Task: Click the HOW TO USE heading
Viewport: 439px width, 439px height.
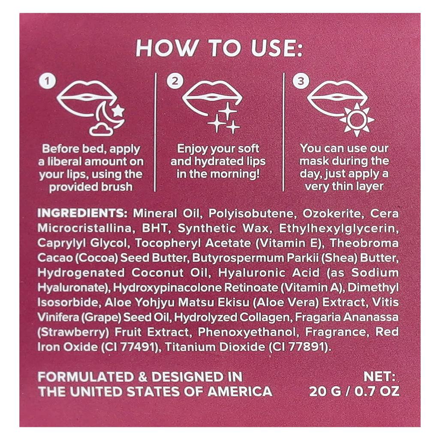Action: coord(219,49)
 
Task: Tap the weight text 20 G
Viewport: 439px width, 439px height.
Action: coord(327,391)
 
